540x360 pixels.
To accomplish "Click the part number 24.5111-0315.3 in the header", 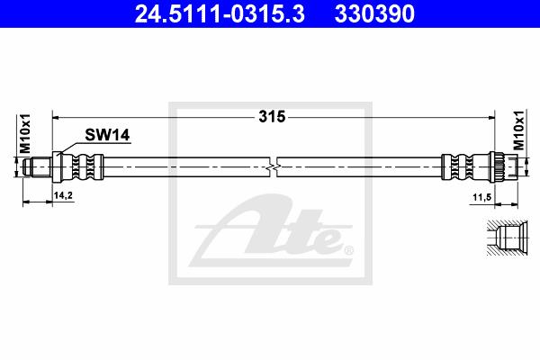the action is pyautogui.click(x=220, y=13).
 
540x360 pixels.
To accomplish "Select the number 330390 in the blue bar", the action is pyautogui.click(x=374, y=13).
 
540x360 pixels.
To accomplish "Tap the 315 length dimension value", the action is pyautogui.click(x=272, y=117).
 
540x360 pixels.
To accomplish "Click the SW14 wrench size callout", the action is pyautogui.click(x=107, y=135).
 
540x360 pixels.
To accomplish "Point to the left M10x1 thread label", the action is pyautogui.click(x=25, y=133).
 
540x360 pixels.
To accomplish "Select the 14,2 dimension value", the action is pyautogui.click(x=63, y=195).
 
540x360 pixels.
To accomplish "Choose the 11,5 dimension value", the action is pyautogui.click(x=481, y=198).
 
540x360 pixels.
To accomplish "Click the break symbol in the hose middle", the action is pyautogui.click(x=273, y=167).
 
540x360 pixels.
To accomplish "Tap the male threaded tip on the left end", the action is pyautogui.click(x=37, y=167).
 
